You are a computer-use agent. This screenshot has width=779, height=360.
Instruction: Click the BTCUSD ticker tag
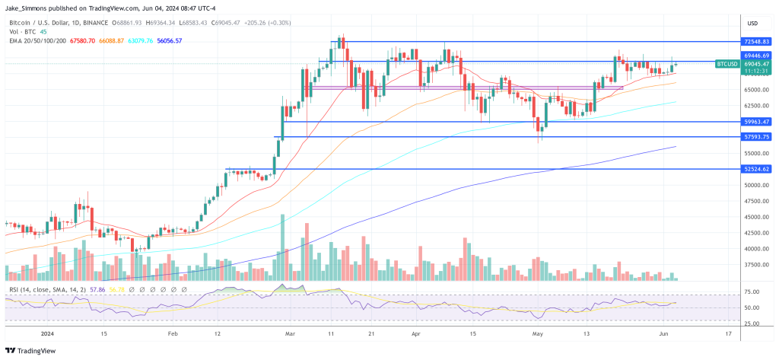(x=727, y=65)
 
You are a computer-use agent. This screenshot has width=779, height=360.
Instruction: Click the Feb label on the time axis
(x=173, y=333)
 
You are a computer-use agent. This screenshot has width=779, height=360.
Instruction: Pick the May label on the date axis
(x=538, y=333)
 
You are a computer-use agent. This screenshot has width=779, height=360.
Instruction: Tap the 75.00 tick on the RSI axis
(x=751, y=292)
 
